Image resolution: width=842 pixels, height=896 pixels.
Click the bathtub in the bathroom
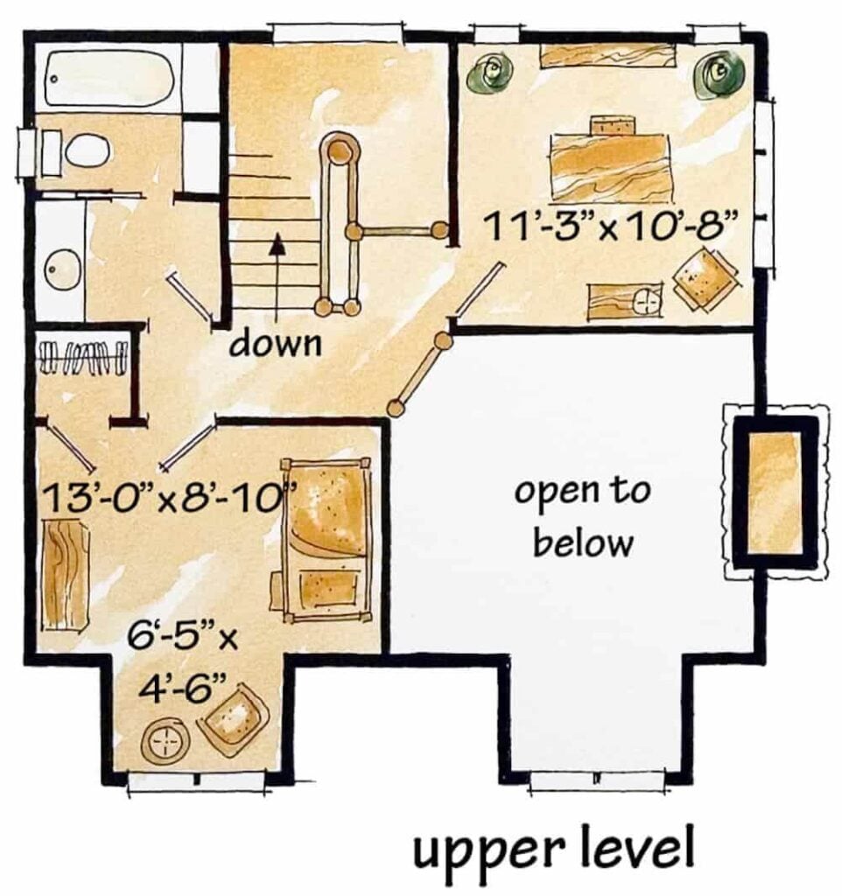click(109, 80)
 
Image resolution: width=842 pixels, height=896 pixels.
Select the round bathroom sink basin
click(62, 268)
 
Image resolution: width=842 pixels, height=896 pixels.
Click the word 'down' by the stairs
click(276, 344)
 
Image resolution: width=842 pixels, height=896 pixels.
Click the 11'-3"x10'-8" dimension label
click(609, 227)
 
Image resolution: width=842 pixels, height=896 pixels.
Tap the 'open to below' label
click(583, 517)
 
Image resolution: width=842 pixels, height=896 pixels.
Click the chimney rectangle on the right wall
click(775, 492)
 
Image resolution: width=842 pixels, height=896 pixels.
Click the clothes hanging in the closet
click(81, 356)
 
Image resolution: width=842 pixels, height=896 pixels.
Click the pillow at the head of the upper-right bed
click(613, 125)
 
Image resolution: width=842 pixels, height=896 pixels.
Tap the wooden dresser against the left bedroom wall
click(67, 573)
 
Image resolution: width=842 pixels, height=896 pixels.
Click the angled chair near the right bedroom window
click(705, 279)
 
